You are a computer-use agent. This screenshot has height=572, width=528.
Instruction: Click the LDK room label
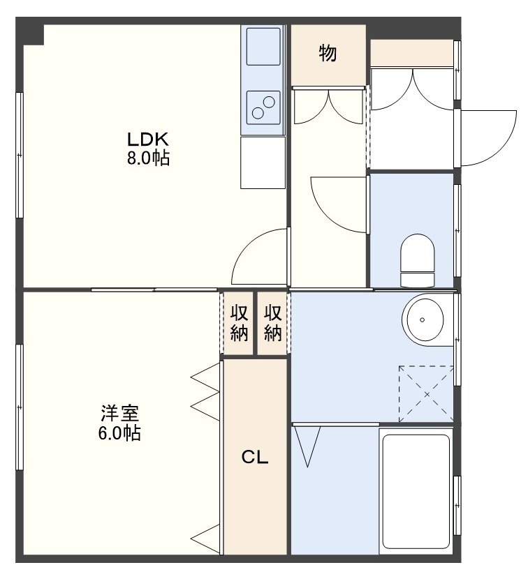tap(147, 140)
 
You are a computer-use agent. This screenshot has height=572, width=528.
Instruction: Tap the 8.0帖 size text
tap(148, 158)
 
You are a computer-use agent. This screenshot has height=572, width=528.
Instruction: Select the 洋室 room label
tap(119, 414)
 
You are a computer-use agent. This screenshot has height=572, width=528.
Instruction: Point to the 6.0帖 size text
tap(119, 433)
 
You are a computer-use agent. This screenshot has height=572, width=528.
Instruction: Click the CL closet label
tap(255, 456)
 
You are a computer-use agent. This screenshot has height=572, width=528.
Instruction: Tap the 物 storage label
tap(328, 53)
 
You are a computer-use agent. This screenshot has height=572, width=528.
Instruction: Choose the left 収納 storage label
tap(239, 323)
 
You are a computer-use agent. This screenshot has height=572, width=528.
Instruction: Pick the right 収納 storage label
tap(273, 323)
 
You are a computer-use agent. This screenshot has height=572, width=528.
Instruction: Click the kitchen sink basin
tap(263, 46)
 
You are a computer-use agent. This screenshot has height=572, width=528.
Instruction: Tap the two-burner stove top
tap(263, 107)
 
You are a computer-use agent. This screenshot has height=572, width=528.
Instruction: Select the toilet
tap(418, 260)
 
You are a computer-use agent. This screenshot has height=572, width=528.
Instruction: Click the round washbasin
tap(423, 320)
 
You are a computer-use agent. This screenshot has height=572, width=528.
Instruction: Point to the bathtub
tap(416, 491)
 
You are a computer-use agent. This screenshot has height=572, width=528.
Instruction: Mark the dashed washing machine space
tap(426, 394)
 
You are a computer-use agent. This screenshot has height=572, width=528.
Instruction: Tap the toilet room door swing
tap(339, 204)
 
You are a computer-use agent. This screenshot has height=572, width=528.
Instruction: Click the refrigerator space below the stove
tap(263, 163)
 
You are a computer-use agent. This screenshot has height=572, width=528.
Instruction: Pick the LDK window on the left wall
tap(20, 155)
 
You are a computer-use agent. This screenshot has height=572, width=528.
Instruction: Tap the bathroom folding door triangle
tap(307, 446)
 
